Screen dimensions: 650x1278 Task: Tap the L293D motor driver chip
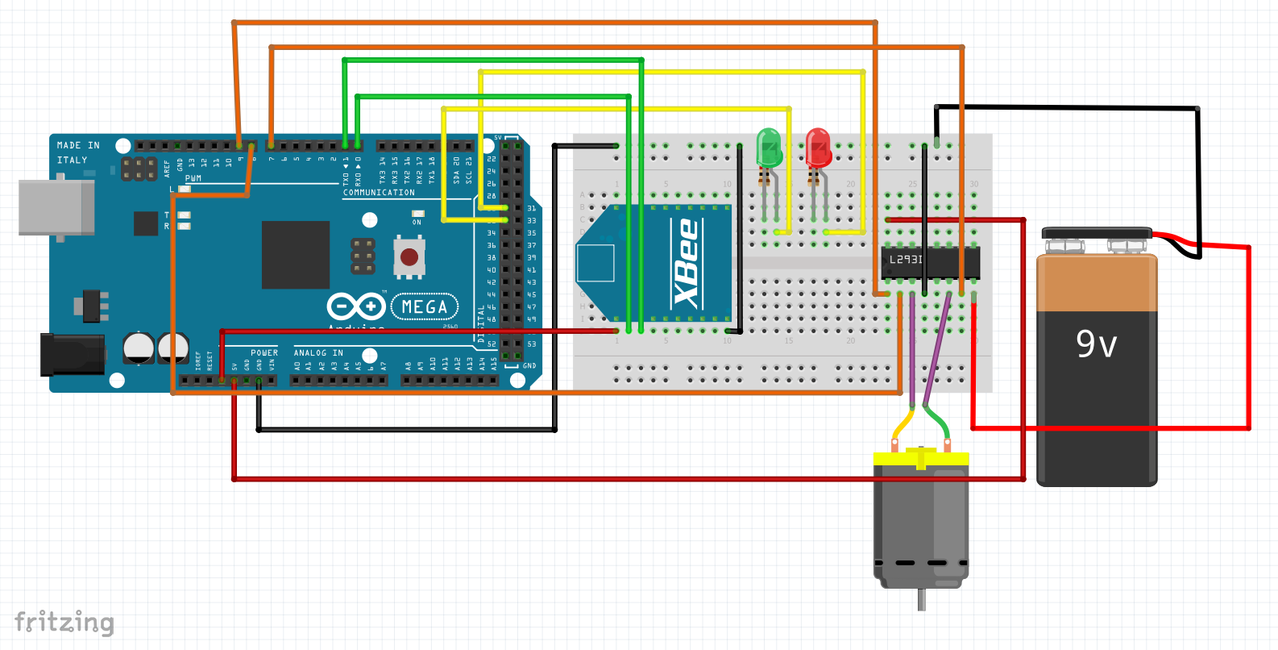pyautogui.click(x=930, y=261)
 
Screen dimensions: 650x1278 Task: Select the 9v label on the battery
pyautogui.click(x=1096, y=344)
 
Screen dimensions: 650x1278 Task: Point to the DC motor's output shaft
pyautogui.click(x=921, y=599)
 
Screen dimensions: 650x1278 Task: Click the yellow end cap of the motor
pyautogui.click(x=921, y=458)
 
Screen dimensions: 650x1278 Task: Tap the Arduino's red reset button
pyautogui.click(x=409, y=256)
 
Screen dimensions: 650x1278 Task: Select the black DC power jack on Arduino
pyautogui.click(x=73, y=355)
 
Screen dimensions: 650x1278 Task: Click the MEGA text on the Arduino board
pyautogui.click(x=425, y=307)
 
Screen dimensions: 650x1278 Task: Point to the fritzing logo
pyautogui.click(x=64, y=623)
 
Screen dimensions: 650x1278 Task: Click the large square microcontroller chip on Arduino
pyautogui.click(x=295, y=255)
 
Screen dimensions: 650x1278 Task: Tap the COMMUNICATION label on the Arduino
pyautogui.click(x=379, y=193)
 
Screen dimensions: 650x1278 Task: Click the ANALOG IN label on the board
pyautogui.click(x=318, y=353)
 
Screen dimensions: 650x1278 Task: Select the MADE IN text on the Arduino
pyautogui.click(x=78, y=146)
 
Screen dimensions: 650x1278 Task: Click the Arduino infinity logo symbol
pyautogui.click(x=355, y=306)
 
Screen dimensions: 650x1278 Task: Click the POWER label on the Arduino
pyautogui.click(x=263, y=353)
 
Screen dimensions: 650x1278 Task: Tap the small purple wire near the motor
pyautogui.click(x=912, y=347)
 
